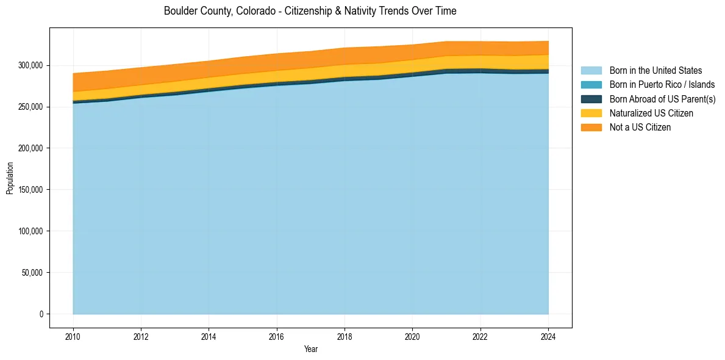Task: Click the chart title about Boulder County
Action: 310,11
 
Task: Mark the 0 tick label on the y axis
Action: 41,314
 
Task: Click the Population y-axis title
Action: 10,178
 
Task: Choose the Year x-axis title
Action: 310,349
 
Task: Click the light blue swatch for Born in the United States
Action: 591,71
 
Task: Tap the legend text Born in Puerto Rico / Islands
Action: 662,85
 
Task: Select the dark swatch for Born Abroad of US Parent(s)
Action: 591,99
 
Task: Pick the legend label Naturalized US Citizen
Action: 651,113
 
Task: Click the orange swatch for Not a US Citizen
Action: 591,127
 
